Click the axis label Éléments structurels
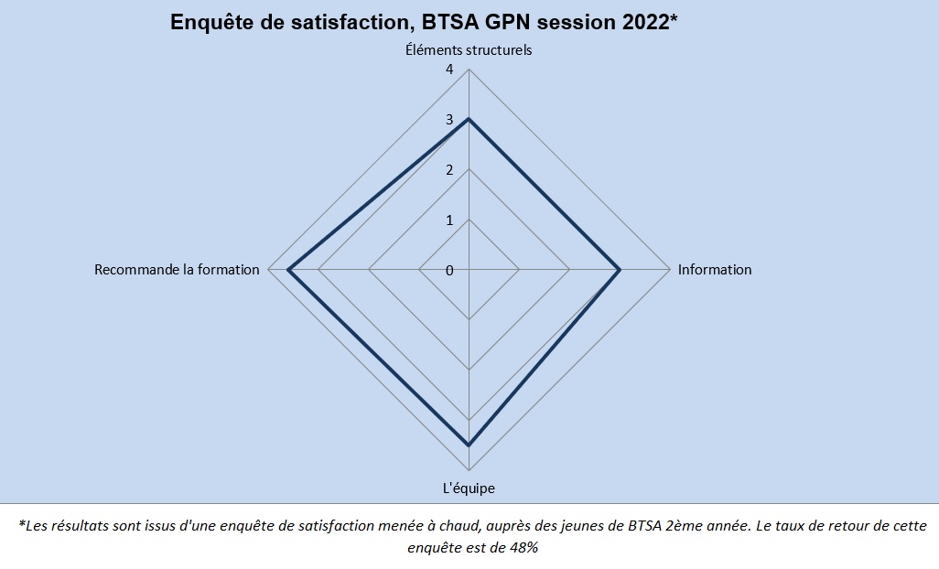469,50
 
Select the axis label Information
715,270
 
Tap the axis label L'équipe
469,488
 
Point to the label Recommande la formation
177,270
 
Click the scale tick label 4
449,70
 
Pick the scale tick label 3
449,120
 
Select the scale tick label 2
449,170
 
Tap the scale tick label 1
449,220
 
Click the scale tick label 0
449,271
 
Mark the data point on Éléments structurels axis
469,119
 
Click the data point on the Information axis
620,270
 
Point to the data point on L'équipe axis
469,446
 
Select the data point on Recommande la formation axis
288,270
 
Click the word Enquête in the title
208,23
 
